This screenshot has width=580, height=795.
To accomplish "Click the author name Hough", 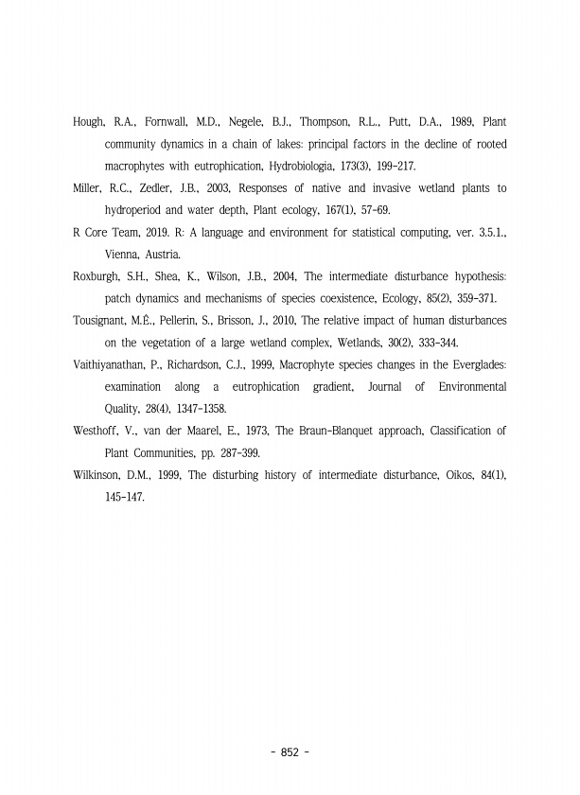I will click(x=89, y=122).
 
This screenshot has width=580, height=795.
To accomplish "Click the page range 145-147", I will click(x=124, y=497).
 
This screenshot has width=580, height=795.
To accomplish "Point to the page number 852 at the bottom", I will click(x=290, y=752).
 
